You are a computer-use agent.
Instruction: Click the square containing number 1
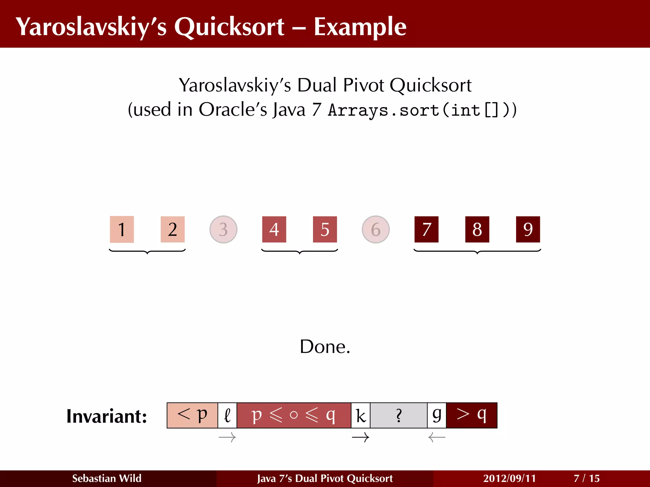[122, 229]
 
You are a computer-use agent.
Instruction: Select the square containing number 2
[172, 229]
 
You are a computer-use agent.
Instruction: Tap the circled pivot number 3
[223, 229]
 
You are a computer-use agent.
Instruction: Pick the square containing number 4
[274, 229]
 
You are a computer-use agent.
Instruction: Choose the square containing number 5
[325, 229]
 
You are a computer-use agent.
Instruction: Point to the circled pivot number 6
[376, 229]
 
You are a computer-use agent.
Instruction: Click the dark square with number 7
[426, 229]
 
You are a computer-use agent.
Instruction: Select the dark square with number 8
[477, 229]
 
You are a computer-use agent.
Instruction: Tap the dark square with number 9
[528, 229]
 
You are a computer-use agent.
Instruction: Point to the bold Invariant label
[107, 416]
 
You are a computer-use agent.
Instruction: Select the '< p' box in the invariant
[192, 415]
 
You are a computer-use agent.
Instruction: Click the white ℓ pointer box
[227, 415]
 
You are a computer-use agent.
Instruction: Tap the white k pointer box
[361, 415]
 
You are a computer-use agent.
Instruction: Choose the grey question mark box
[399, 415]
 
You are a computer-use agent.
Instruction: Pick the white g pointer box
[437, 415]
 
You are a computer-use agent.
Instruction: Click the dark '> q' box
[472, 415]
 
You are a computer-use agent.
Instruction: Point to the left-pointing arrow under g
[437, 438]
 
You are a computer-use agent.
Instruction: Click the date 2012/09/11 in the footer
[509, 478]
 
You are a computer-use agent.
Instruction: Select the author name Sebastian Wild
[107, 478]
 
